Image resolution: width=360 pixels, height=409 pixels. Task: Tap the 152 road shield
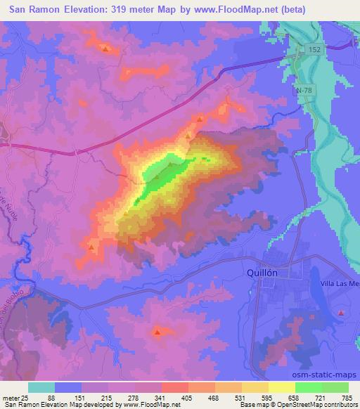315,47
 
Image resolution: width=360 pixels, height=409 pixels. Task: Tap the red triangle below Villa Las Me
341,312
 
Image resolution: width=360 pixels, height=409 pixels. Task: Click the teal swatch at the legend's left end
41,387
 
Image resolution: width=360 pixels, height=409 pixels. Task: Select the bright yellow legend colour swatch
282,387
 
